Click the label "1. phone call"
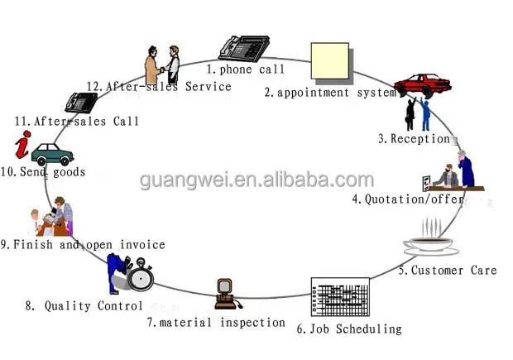[x=245, y=70]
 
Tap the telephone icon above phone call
[x=243, y=47]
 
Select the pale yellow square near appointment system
[x=328, y=60]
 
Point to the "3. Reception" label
[x=414, y=139]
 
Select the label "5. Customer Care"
[x=447, y=271]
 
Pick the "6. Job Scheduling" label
[x=348, y=329]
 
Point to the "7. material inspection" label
[x=216, y=323]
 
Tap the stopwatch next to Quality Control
[x=140, y=276]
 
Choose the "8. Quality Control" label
[x=84, y=306]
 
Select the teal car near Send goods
[x=52, y=154]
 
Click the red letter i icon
[x=23, y=144]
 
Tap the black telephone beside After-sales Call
[x=81, y=102]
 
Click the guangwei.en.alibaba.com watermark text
[x=256, y=180]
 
